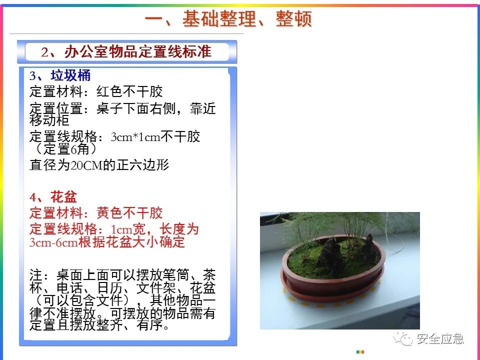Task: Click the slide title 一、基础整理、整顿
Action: pos(228,18)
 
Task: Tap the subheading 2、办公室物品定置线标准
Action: pos(126,51)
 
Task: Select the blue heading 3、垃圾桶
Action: pos(60,75)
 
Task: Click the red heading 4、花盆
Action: pos(53,197)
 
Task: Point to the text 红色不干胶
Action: pos(129,91)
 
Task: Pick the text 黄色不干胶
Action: pos(129,213)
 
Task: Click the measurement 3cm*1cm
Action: pos(135,137)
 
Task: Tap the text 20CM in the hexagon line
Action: pos(86,165)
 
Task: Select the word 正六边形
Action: pos(142,165)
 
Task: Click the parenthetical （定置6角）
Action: pos(66,149)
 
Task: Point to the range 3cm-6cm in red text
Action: pos(53,242)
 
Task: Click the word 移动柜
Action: pos(49,120)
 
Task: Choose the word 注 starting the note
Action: pos(36,275)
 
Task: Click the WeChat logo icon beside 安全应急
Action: pos(403,338)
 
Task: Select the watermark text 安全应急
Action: pos(440,338)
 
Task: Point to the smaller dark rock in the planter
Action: pos(368,247)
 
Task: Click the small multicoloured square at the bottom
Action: pos(360,351)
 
